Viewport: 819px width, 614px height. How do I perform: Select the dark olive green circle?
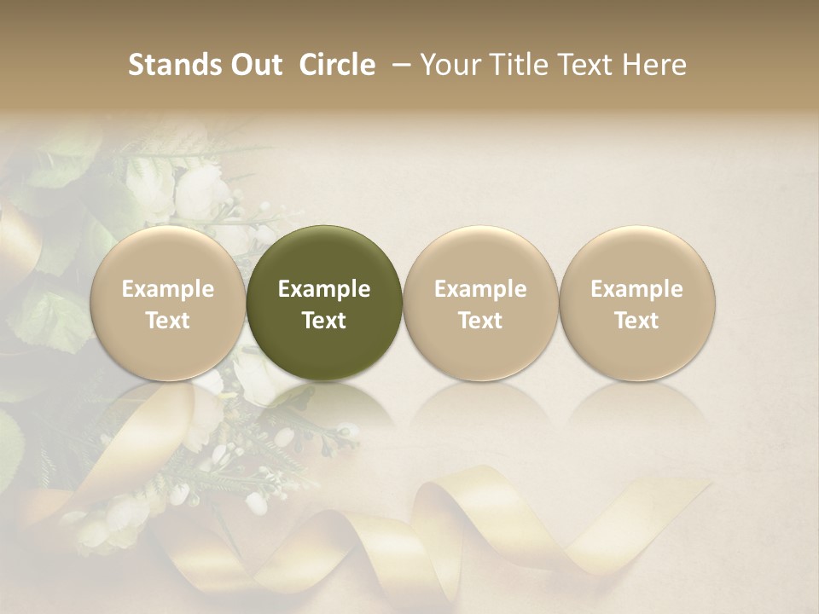click(324, 303)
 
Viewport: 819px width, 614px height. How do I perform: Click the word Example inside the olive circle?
click(324, 289)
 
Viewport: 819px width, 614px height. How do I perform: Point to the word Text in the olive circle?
click(324, 321)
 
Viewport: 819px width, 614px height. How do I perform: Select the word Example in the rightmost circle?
click(637, 289)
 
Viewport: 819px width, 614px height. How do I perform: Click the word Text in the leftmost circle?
click(168, 321)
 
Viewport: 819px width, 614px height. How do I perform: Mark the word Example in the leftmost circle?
click(168, 289)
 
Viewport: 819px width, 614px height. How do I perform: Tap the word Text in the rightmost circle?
click(637, 321)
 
